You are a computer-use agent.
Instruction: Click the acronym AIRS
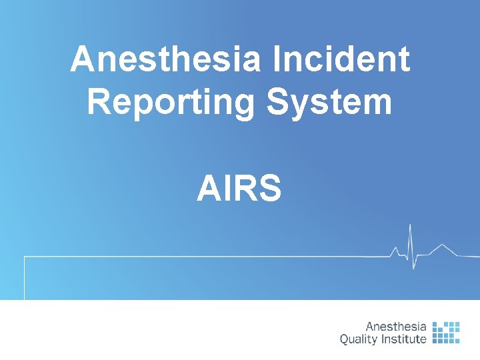coord(239,188)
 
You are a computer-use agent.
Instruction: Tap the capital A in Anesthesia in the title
coord(82,60)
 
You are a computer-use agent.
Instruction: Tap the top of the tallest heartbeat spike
coord(410,225)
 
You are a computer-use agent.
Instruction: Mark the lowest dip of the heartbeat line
coord(414,269)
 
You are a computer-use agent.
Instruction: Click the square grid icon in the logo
coord(446,333)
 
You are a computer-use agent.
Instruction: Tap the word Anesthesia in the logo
coord(396,327)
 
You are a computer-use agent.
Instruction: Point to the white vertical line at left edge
coord(25,277)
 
